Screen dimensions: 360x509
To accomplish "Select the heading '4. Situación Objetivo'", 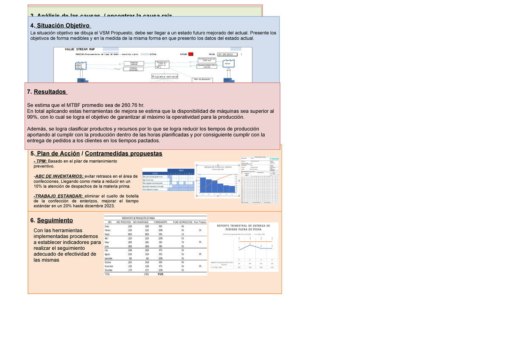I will point(59,25).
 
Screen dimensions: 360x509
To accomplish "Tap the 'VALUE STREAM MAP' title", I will point(79,50).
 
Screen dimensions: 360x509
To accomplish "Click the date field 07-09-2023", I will point(227,55).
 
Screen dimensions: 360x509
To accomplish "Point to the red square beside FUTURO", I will point(191,54).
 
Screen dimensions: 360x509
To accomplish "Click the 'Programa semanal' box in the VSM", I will point(165,76).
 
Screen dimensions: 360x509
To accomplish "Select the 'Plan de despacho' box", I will point(202,79).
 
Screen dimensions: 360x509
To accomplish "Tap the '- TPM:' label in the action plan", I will point(41,162).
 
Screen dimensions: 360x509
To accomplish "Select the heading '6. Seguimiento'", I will point(51,220).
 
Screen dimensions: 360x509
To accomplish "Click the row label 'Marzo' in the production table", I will point(107,234).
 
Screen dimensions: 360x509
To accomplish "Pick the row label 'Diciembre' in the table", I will point(109,270).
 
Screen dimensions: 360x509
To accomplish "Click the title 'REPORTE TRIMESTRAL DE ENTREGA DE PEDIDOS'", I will point(243,228).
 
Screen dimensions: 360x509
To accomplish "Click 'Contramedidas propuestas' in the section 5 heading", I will point(123,153).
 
